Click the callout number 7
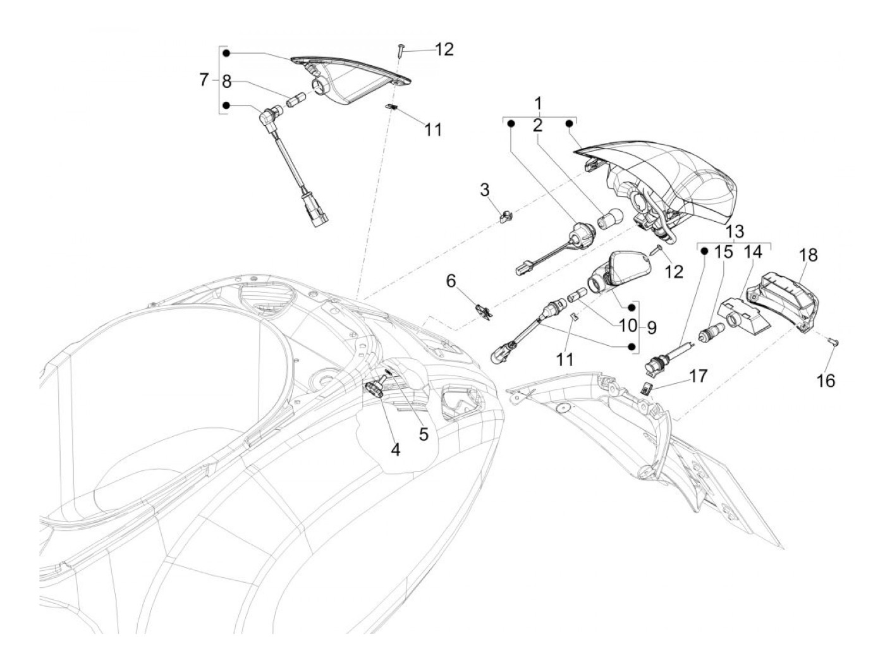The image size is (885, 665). (204, 80)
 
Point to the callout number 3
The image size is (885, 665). (485, 189)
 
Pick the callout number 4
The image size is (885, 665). (395, 449)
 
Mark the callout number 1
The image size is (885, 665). (538, 102)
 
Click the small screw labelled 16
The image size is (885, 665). (832, 341)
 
